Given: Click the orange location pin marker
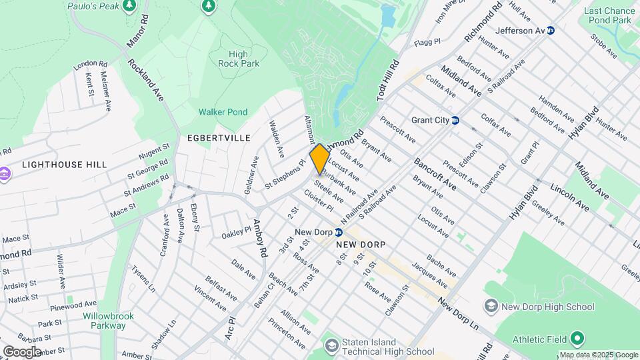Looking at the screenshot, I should tap(319, 159).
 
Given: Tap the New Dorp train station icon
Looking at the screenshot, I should tap(339, 232).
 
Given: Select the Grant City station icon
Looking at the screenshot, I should tap(455, 121).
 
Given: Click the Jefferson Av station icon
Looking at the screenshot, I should tap(551, 31).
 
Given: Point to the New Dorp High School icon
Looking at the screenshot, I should tap(491, 306).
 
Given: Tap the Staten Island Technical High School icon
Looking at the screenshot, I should tap(331, 345).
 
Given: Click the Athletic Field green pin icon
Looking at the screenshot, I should tap(577, 339).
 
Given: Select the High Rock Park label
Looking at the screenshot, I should tap(239, 59).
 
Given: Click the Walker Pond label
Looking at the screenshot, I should tap(223, 112).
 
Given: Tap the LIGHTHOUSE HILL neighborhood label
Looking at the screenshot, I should tap(64, 165).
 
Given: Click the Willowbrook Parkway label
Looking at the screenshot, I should tap(104, 321).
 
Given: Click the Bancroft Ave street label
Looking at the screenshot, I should tap(435, 174).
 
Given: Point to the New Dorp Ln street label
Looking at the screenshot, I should tap(459, 311).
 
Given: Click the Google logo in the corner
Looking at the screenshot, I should tap(22, 351).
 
